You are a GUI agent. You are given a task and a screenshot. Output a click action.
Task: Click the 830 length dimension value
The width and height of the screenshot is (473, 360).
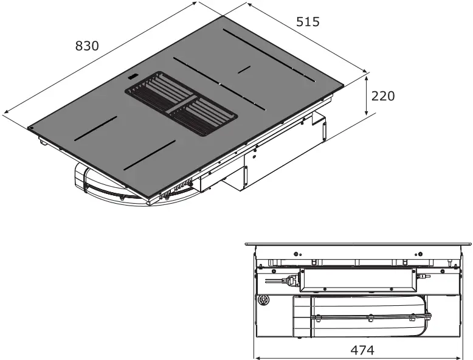87,46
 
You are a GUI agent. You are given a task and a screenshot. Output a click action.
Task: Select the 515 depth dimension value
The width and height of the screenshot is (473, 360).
308,22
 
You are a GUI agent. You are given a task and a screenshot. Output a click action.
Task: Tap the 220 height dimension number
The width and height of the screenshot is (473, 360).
383,96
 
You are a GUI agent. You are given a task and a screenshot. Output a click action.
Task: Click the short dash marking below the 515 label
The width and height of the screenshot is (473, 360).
244,69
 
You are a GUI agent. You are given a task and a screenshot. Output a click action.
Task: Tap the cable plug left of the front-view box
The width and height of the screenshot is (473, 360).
291,280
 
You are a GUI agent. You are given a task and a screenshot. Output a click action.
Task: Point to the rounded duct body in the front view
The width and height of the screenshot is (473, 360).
365,317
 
